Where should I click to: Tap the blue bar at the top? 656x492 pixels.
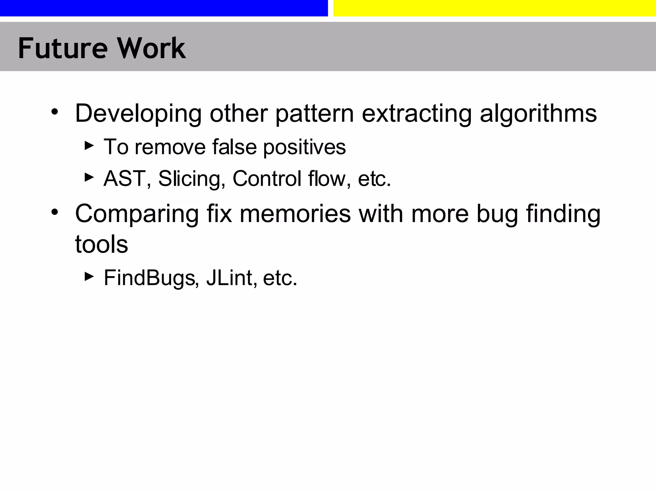point(164,8)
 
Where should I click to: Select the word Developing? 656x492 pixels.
point(138,114)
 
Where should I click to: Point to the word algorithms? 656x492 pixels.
point(538,114)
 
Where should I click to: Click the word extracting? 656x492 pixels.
point(416,113)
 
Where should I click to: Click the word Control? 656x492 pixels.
point(267,178)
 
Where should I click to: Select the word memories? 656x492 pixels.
point(295,214)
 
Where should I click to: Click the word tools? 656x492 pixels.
point(102,244)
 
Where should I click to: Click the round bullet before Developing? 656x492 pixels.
point(55,112)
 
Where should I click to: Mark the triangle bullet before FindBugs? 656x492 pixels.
point(89,276)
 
